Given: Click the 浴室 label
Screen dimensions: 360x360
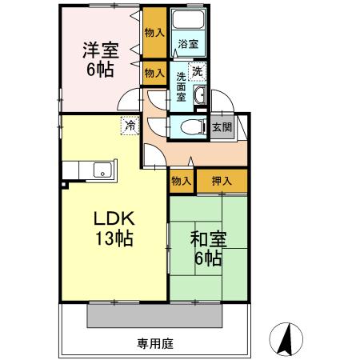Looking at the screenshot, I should coord(188,44).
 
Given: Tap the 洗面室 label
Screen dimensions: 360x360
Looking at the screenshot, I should coord(182,86).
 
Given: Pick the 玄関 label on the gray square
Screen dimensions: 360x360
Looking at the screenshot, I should coord(221,127).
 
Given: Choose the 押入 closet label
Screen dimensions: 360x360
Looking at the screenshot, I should coord(221,182).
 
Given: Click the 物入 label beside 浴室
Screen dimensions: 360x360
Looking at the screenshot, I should coord(154,33).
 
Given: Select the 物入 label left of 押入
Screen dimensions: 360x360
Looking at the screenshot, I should coord(182,182).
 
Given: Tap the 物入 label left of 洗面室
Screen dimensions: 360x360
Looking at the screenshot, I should coord(154,73).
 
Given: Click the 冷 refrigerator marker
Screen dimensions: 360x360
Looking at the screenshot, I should coord(130,125).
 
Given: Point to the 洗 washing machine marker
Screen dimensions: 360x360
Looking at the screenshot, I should coord(197,70).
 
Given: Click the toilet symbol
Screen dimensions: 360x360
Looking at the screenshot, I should coord(189,126).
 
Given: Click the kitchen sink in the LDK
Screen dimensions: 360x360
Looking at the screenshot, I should coord(102,169).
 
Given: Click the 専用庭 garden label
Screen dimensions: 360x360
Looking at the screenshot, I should coord(155,344).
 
